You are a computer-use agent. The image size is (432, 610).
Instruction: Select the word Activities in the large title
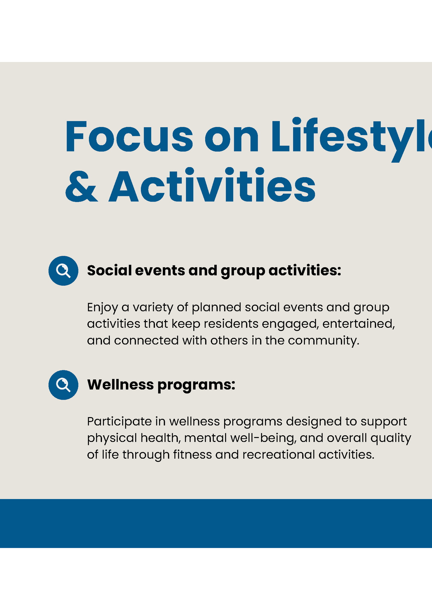(212, 186)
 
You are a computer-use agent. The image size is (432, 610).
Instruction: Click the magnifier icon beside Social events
(63, 271)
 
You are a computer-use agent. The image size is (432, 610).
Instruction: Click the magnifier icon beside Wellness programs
(63, 385)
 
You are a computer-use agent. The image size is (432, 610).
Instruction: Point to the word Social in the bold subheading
(109, 270)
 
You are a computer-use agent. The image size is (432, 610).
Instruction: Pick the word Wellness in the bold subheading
(120, 384)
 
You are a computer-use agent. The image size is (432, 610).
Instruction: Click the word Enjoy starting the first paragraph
(102, 308)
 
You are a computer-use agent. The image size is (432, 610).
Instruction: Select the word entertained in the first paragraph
(358, 324)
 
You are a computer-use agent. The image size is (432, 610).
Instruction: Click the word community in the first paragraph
(323, 341)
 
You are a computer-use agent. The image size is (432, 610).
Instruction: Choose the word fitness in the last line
(192, 455)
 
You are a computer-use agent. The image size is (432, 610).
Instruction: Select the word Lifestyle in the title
(351, 137)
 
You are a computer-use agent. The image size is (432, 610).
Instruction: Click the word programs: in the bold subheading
(196, 385)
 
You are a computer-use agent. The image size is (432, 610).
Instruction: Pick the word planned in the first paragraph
(216, 307)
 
